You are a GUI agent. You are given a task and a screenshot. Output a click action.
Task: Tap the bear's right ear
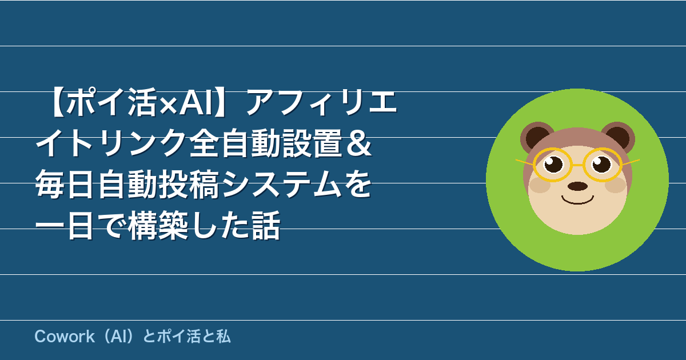618,137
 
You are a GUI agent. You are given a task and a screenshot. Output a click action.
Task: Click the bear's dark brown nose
577,186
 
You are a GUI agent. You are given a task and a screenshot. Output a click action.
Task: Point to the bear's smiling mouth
577,201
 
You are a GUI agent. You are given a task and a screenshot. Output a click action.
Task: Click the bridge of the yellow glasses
577,165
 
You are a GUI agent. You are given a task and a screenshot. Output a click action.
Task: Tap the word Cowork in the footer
65,337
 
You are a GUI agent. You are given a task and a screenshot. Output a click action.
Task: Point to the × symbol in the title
169,104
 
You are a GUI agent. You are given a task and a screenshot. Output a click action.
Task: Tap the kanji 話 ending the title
265,225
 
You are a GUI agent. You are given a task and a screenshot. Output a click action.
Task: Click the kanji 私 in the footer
223,337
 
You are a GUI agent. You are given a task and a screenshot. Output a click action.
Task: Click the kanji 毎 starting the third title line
50,184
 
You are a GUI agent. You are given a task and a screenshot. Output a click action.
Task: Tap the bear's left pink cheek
540,185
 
